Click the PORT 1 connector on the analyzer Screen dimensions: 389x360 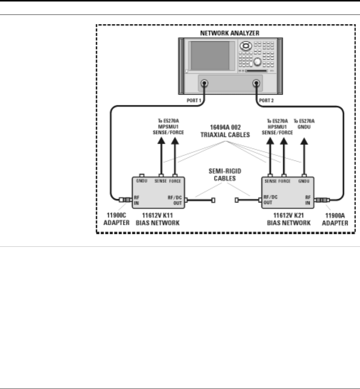pyautogui.click(x=205, y=83)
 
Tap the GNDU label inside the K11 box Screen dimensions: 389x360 pyautogui.click(x=142, y=181)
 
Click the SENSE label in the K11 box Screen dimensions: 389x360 pyautogui.click(x=161, y=181)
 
